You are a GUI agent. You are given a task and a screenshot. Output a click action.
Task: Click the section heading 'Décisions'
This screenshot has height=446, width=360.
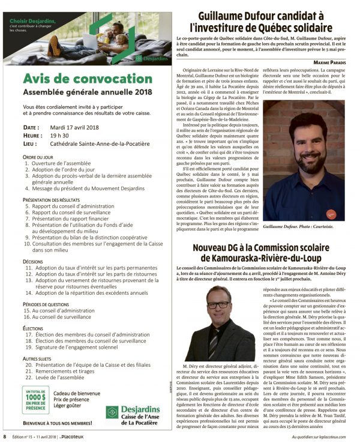[x=32, y=262]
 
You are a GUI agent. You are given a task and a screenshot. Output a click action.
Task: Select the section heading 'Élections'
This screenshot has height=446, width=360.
[x=32, y=329]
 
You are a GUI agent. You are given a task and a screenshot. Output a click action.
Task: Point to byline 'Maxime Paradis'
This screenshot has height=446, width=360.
[x=336, y=62]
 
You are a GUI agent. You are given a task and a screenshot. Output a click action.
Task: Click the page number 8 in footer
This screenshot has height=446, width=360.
[x=5, y=436]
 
